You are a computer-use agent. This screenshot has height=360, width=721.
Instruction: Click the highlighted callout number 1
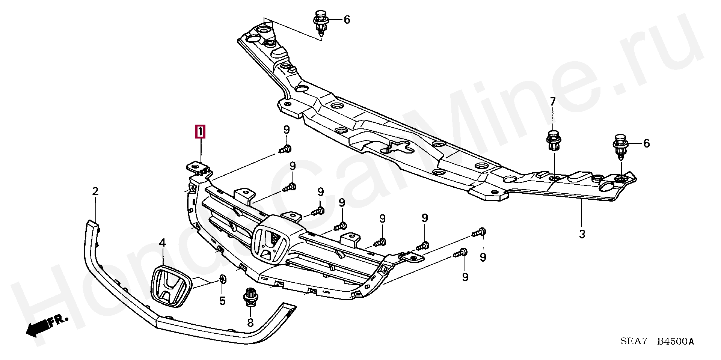pyautogui.click(x=200, y=132)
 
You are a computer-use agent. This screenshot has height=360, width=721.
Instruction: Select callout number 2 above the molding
pyautogui.click(x=95, y=191)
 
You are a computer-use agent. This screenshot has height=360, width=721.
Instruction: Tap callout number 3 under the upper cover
pyautogui.click(x=582, y=234)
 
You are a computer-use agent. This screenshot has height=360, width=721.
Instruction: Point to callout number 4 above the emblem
pyautogui.click(x=162, y=243)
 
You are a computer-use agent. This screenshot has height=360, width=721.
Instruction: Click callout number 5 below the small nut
pyautogui.click(x=222, y=301)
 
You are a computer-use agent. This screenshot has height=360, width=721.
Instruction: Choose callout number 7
pyautogui.click(x=553, y=102)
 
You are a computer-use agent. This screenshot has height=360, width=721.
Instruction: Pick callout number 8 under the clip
pyautogui.click(x=250, y=322)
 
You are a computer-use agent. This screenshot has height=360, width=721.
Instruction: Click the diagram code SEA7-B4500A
pyautogui.click(x=657, y=342)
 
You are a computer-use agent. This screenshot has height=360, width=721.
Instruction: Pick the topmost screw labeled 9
pyautogui.click(x=286, y=149)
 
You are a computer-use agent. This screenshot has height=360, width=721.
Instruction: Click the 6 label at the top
pyautogui.click(x=347, y=20)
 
